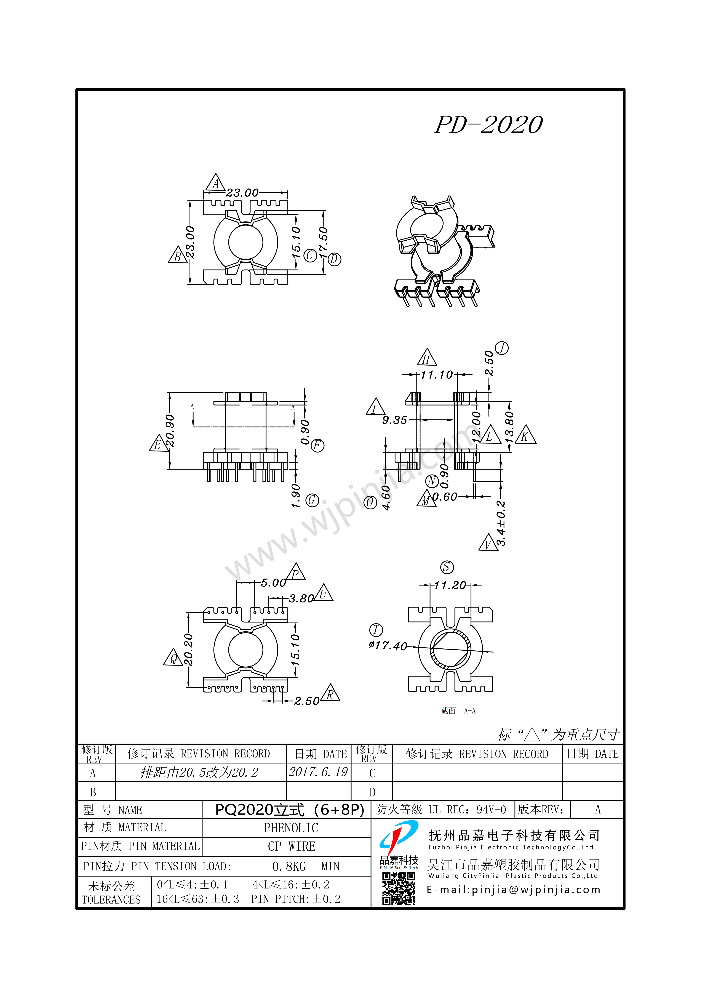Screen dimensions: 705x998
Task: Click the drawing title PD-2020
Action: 488,125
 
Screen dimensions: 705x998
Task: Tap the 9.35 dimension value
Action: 395,420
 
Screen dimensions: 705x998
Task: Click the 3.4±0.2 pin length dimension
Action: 501,523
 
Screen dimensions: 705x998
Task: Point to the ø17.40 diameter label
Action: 388,645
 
